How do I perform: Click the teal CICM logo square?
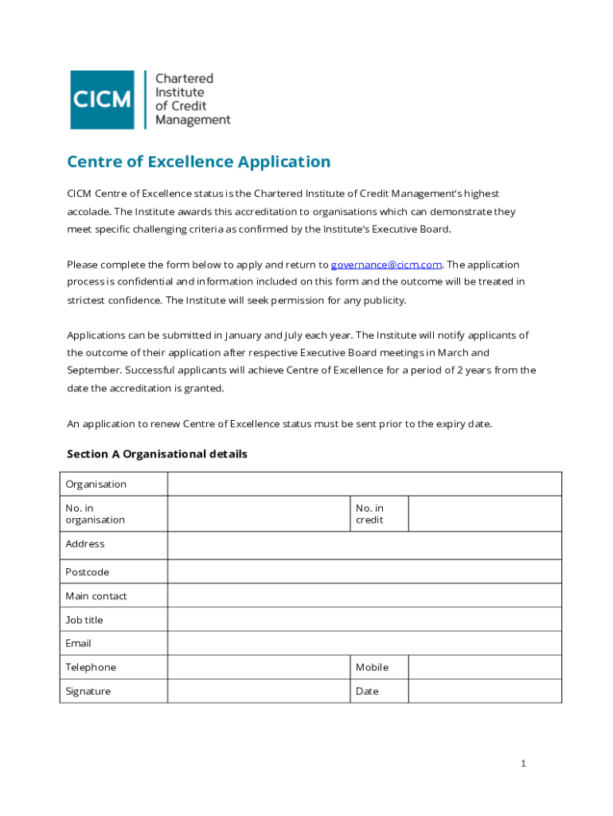click(102, 100)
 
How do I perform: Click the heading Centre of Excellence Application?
click(198, 162)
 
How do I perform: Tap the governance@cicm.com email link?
click(386, 265)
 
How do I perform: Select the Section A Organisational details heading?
click(157, 454)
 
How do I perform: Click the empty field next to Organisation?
click(364, 484)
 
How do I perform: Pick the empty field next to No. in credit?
click(484, 514)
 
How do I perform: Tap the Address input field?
click(364, 545)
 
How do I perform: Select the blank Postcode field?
click(364, 572)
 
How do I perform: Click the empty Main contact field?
click(364, 596)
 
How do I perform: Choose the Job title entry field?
click(364, 620)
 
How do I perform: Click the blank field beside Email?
click(364, 643)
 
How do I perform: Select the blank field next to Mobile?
click(484, 667)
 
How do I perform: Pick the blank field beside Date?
click(484, 691)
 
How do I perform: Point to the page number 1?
click(523, 763)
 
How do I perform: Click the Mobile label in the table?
click(372, 667)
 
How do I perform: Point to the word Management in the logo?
click(193, 120)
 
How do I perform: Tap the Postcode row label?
click(88, 572)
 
